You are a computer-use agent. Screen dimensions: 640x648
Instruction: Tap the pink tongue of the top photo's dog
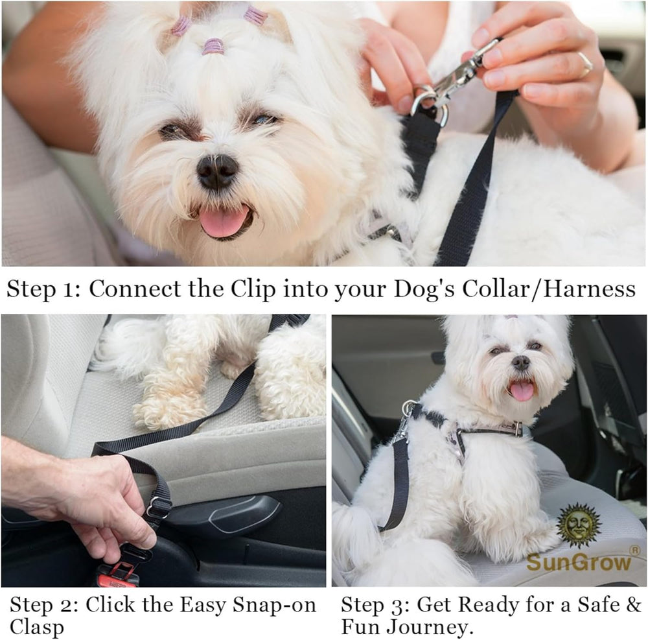pos(224,221)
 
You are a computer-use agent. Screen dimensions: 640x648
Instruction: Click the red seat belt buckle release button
pos(117,575)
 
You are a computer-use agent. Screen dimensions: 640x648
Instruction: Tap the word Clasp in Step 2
pos(36,627)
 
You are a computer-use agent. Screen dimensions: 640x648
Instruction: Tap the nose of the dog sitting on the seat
pos(520,362)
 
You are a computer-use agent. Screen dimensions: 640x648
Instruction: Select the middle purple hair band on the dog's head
pos(213,46)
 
